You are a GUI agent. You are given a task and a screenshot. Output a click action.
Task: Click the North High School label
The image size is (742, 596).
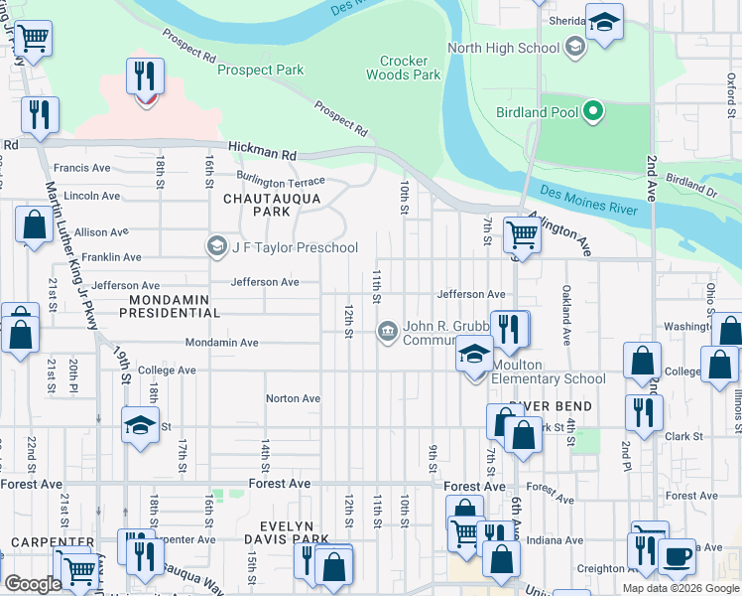click(503, 48)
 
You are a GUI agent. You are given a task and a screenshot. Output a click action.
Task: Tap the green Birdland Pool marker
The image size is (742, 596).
click(593, 111)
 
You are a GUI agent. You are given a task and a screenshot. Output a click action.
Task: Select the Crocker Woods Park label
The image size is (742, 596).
click(403, 68)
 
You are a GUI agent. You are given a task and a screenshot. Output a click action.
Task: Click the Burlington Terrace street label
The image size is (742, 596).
click(287, 183)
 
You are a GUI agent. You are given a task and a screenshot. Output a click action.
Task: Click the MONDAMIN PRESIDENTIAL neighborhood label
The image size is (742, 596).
click(170, 304)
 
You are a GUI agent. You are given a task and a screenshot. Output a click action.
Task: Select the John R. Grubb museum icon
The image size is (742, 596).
click(387, 331)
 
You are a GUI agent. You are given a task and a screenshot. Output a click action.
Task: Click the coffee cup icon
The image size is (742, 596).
click(678, 556)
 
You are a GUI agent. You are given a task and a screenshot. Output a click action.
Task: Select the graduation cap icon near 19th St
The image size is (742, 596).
click(140, 425)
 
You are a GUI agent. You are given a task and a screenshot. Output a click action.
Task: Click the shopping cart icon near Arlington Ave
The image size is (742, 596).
click(521, 235)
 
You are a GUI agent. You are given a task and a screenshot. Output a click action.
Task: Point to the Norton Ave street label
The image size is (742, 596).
click(293, 398)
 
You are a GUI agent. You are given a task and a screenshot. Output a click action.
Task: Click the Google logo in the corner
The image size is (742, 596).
click(33, 584)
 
